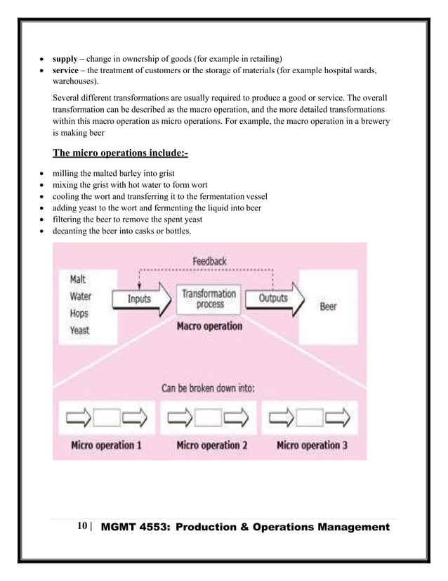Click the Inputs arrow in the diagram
pos(141,300)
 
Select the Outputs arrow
pos(275,299)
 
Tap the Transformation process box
pos(209,298)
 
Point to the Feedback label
pos(209,261)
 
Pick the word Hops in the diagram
pos(79,313)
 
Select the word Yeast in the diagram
pos(80,329)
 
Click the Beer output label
pos(328,307)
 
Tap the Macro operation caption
pos(209,326)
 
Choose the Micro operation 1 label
pos(106,445)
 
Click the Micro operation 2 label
pos(211,445)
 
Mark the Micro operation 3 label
pos(312,445)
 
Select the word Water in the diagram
pos(81,296)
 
